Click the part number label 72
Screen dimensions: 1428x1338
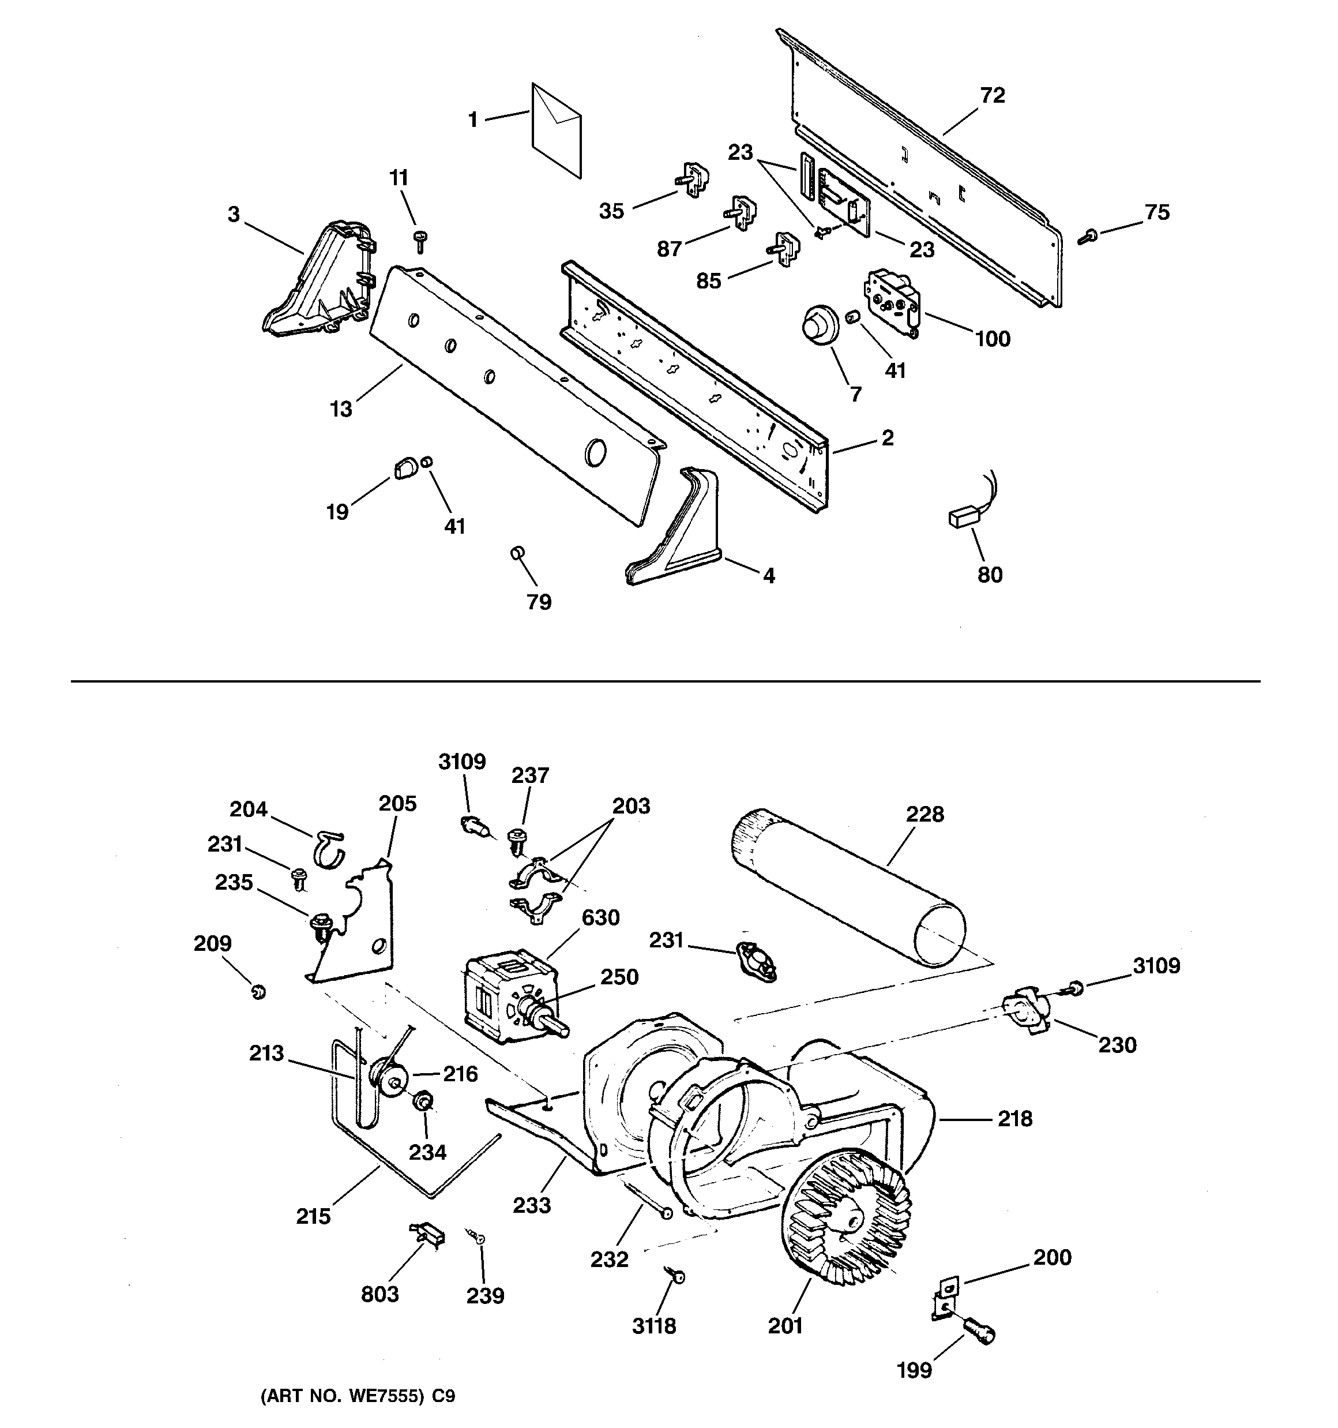[x=993, y=96]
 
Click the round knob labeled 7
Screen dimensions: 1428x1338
[x=818, y=326]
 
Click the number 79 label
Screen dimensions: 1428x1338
[x=539, y=602]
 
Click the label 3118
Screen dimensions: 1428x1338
[x=653, y=1326]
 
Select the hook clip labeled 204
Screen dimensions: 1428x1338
[x=328, y=848]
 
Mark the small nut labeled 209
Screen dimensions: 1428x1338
[x=258, y=993]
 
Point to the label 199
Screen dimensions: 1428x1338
[x=914, y=1370]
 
